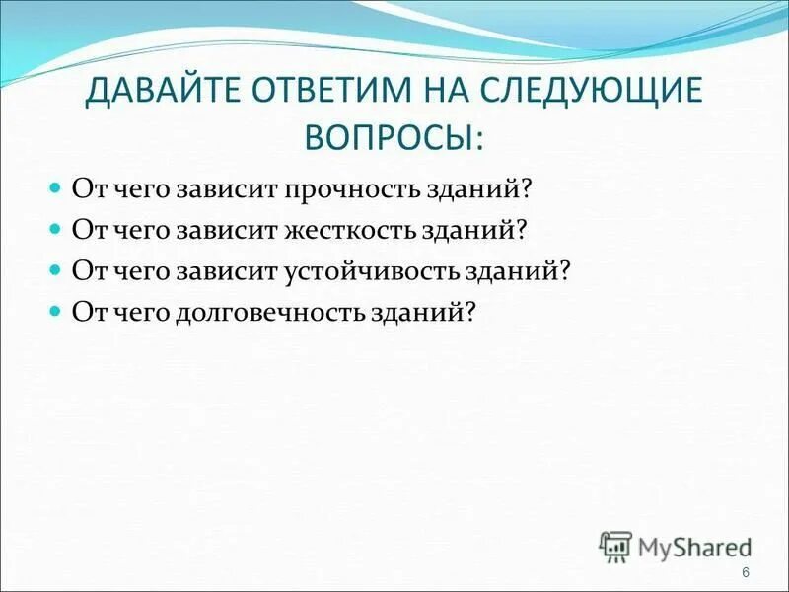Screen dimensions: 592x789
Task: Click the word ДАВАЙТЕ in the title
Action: [x=163, y=91]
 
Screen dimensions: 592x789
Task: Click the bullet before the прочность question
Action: [x=56, y=186]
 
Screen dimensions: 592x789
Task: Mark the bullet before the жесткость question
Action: [x=56, y=228]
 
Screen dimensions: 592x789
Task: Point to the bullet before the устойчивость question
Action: [x=56, y=269]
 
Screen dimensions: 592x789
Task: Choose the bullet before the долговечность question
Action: [x=56, y=311]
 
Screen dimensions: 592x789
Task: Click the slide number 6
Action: [x=745, y=574]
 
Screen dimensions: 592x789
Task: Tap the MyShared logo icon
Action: [x=615, y=546]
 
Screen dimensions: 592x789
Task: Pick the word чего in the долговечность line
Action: [x=137, y=312]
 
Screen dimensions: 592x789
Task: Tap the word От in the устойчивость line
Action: [x=86, y=270]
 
